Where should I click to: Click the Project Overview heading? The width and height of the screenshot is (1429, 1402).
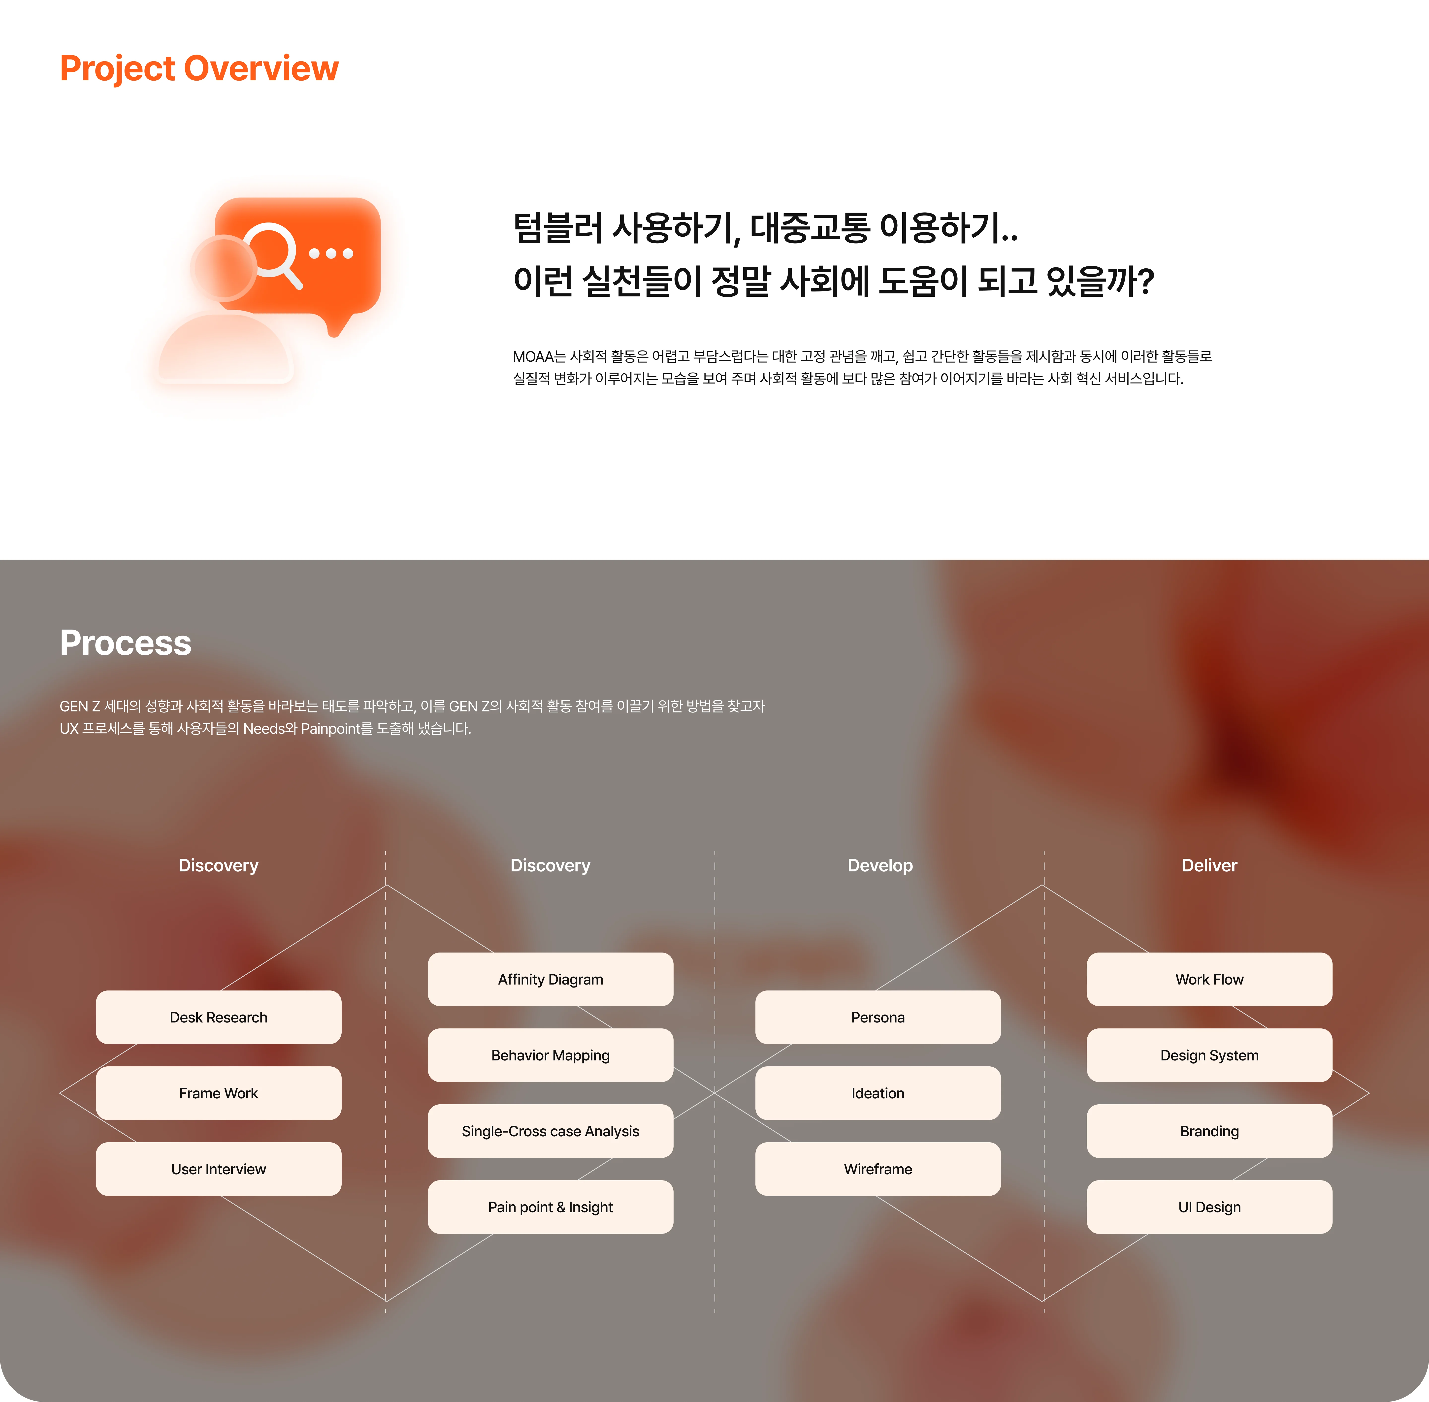pyautogui.click(x=199, y=68)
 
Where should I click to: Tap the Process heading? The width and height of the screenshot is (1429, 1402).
pyautogui.click(x=125, y=643)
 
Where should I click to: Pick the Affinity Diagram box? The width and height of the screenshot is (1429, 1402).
pyautogui.click(x=550, y=979)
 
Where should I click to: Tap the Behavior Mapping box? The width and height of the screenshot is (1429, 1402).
pyautogui.click(x=550, y=1055)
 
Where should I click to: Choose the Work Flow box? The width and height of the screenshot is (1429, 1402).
pyautogui.click(x=1209, y=979)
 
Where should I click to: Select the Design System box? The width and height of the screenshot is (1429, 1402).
pyautogui.click(x=1209, y=1055)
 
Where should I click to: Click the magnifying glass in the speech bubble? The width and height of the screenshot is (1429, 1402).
pyautogui.click(x=271, y=253)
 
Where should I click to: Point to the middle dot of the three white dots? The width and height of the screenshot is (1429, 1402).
pyautogui.click(x=331, y=253)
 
